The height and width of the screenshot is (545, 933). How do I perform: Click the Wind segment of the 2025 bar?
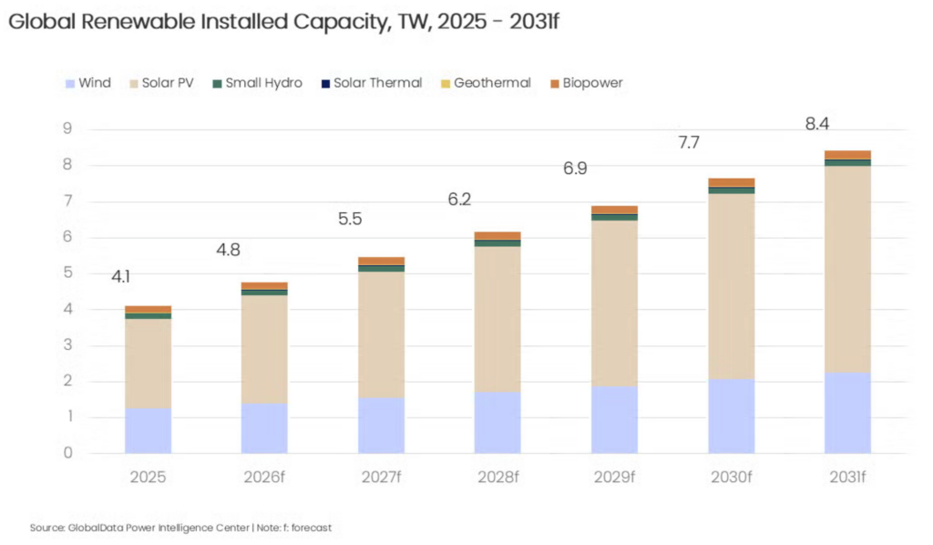click(x=148, y=430)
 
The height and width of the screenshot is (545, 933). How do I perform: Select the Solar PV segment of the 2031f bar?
click(x=847, y=269)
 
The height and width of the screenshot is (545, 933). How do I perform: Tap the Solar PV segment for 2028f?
click(x=497, y=319)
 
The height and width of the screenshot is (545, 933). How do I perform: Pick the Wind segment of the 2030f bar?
click(x=731, y=416)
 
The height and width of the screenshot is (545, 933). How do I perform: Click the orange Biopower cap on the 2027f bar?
click(x=381, y=261)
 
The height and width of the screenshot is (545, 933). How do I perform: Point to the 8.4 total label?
click(x=817, y=124)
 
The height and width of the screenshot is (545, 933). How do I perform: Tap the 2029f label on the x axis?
click(x=614, y=477)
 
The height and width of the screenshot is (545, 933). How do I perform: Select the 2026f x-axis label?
click(x=264, y=477)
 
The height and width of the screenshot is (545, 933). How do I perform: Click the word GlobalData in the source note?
click(x=90, y=528)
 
